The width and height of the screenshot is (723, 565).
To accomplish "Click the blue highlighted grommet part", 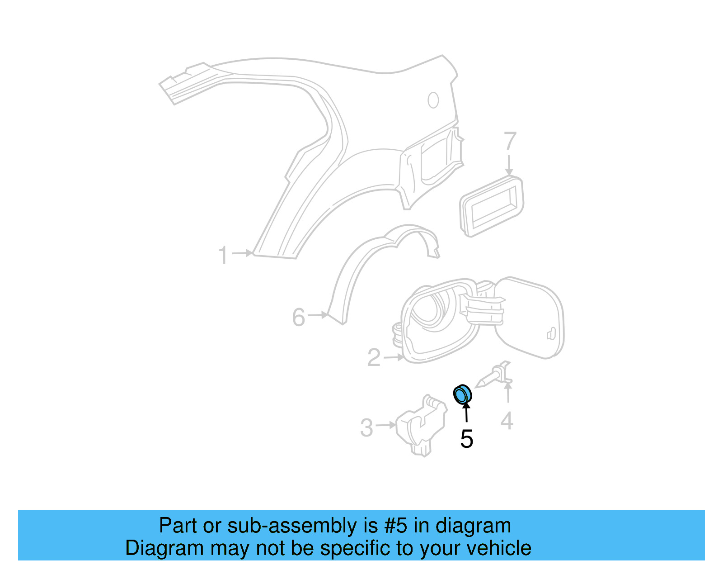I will [462, 394].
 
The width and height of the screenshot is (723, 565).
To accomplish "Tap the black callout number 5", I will [466, 439].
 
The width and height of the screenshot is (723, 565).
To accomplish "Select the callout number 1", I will [223, 255].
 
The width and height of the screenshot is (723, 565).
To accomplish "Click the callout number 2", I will [374, 358].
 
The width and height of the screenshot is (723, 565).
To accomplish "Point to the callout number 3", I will [366, 427].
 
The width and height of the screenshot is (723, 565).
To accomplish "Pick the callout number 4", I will [507, 421].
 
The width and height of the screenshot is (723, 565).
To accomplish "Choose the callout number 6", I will [299, 317].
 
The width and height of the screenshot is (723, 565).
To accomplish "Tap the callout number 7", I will [510, 142].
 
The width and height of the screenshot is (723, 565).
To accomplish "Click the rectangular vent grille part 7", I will [492, 206].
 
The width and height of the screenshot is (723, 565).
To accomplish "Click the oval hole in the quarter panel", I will [433, 100].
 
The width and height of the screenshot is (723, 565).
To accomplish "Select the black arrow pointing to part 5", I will [466, 412].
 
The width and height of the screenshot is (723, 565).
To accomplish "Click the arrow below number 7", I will [509, 165].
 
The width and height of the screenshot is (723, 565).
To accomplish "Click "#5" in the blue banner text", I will [396, 526].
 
